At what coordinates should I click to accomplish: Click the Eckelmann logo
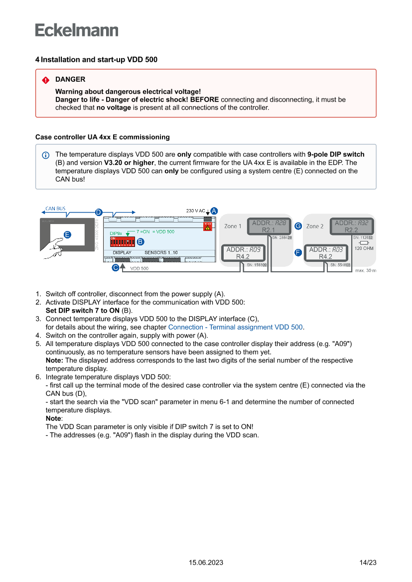point(77,30)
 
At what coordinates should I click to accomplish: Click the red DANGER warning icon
point(46,80)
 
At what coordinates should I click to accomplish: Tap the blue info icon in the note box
point(46,155)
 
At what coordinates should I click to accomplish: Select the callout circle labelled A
point(214,211)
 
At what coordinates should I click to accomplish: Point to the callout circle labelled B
point(140,241)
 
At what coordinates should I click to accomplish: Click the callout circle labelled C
point(115,267)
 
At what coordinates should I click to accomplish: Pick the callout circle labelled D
point(99,212)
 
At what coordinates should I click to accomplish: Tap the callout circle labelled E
point(67,234)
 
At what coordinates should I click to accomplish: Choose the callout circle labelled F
point(298,252)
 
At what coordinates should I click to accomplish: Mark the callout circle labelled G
point(298,226)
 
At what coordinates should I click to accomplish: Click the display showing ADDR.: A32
point(351,227)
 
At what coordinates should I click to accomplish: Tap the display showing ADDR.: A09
point(243,253)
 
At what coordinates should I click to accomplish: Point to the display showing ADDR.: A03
point(325,253)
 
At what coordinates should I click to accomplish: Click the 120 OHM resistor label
point(364,248)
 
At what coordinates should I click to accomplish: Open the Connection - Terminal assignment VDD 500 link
point(235,327)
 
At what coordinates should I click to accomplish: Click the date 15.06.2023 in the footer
point(206,563)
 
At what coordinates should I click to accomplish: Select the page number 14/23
point(368,563)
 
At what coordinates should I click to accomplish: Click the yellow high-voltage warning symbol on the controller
point(208,227)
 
